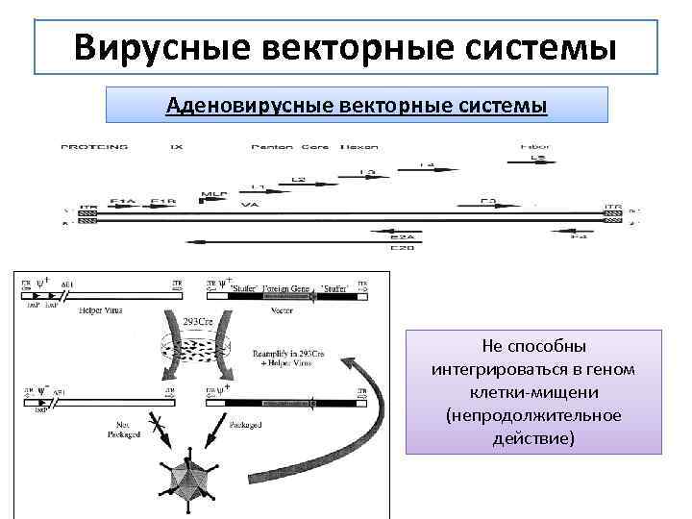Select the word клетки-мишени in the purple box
point(534,392)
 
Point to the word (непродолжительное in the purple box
point(534,415)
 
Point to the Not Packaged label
point(123,428)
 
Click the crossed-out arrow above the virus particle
point(155,428)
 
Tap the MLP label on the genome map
point(213,195)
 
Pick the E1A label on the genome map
point(122,201)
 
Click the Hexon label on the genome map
point(364,147)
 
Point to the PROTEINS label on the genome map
point(94,147)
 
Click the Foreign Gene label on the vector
point(279,285)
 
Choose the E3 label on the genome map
point(488,201)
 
